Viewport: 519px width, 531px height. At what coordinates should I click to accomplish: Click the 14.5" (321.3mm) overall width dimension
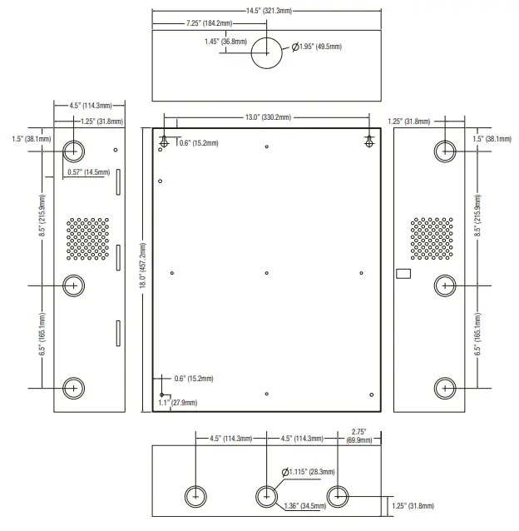(269, 11)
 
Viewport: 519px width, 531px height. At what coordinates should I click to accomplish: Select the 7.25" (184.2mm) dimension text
(209, 23)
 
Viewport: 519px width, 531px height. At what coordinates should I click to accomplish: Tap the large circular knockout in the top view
(267, 53)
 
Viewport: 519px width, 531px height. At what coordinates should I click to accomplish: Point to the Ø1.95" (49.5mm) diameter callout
(317, 47)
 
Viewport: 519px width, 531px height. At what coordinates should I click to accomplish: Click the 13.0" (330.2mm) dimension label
(268, 117)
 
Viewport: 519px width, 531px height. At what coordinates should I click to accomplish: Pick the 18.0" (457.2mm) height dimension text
(143, 265)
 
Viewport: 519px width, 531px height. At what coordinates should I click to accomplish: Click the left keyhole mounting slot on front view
(164, 141)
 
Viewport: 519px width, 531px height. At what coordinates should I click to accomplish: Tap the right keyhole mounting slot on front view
(369, 141)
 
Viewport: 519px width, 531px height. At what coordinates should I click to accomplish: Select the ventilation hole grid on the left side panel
(87, 239)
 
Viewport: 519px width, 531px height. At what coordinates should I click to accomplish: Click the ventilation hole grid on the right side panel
(432, 239)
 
